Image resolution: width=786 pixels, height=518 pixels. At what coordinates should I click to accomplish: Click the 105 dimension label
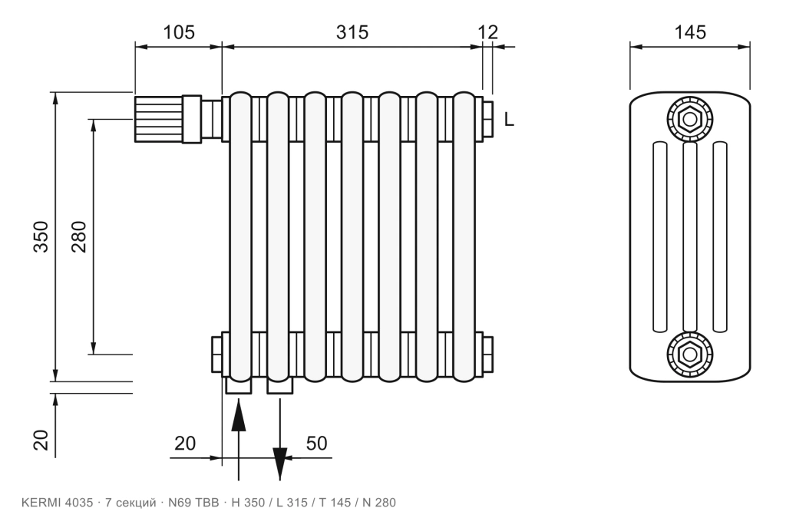click(x=179, y=32)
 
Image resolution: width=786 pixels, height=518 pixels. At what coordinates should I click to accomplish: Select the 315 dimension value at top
click(x=352, y=32)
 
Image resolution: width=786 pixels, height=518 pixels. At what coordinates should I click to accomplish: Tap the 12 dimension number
click(x=487, y=32)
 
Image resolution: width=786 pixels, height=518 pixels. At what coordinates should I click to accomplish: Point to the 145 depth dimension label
click(x=690, y=32)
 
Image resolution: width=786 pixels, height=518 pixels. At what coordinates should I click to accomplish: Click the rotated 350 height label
click(x=41, y=236)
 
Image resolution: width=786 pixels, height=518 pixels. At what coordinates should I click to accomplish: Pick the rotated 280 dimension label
click(x=79, y=236)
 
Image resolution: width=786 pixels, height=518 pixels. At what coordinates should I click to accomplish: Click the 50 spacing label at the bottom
click(x=316, y=444)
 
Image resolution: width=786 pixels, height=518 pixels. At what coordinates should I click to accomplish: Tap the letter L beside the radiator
click(x=509, y=120)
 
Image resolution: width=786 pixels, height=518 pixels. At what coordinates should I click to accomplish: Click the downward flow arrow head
click(x=279, y=464)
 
